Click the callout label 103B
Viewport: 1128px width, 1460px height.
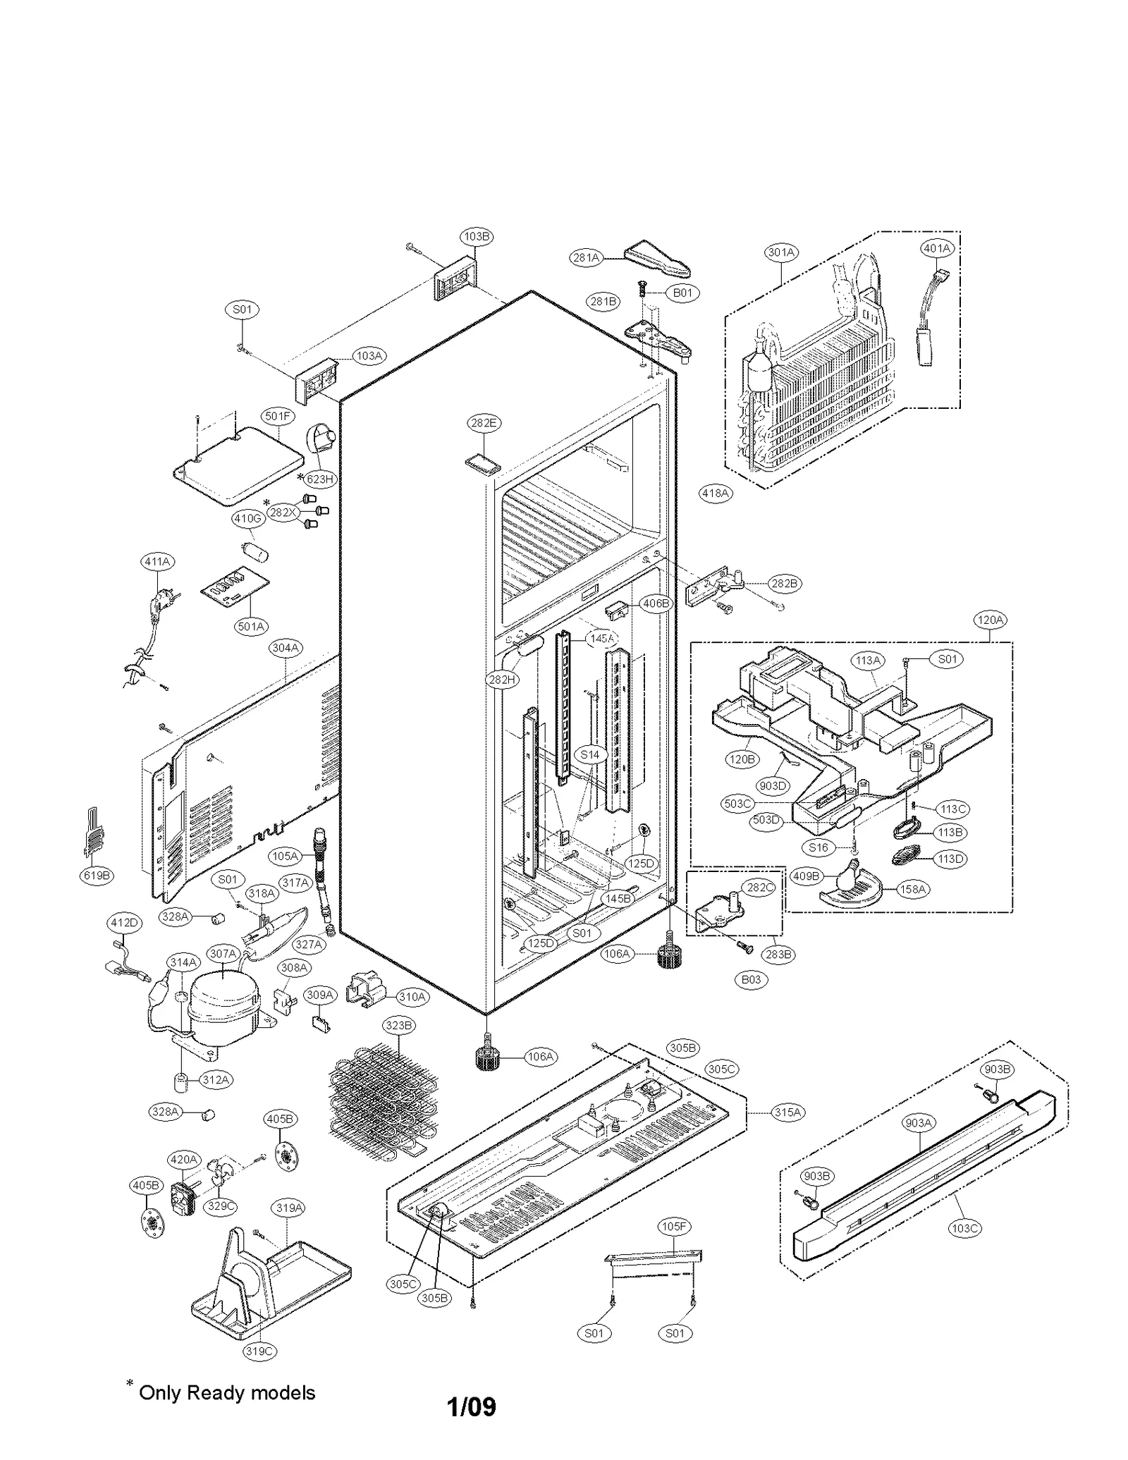coord(477,236)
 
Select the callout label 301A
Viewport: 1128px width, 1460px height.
coord(781,252)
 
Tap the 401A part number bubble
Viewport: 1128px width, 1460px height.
coord(937,248)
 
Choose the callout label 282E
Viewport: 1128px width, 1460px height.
coord(484,423)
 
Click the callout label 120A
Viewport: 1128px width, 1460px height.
coord(989,620)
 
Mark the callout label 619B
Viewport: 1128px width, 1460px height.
coord(97,876)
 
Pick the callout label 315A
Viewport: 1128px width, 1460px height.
coord(787,1112)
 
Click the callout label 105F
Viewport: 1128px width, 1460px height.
coord(673,1227)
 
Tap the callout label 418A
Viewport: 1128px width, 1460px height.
coord(715,493)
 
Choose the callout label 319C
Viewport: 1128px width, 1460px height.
coord(259,1351)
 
